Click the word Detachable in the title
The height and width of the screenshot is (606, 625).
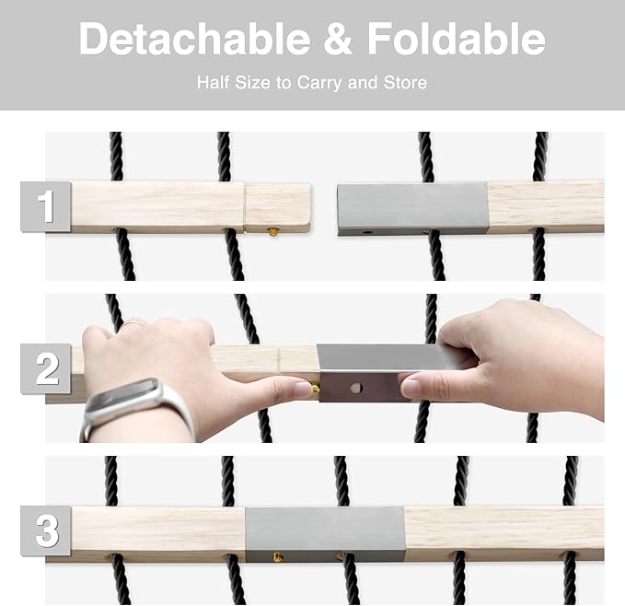pyautogui.click(x=194, y=39)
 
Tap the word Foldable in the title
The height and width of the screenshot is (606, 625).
pyautogui.click(x=456, y=39)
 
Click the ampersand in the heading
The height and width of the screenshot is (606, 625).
pyautogui.click(x=338, y=39)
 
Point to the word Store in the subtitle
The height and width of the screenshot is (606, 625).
pyautogui.click(x=405, y=83)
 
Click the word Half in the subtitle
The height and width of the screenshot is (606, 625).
pyautogui.click(x=214, y=83)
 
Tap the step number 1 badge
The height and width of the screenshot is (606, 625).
pyautogui.click(x=45, y=206)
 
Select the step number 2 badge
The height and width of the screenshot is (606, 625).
pyautogui.click(x=45, y=369)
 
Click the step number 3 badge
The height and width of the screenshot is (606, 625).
pyautogui.click(x=45, y=530)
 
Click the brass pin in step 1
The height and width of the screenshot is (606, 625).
pyautogui.click(x=272, y=232)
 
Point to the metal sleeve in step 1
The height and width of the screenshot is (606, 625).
pyautogui.click(x=412, y=209)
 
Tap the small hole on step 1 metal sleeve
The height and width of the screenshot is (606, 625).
pyautogui.click(x=367, y=232)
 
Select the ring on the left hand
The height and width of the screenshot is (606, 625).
pyautogui.click(x=134, y=322)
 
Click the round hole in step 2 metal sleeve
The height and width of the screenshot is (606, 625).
pyautogui.click(x=356, y=388)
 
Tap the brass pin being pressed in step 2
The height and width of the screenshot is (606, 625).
pyautogui.click(x=315, y=389)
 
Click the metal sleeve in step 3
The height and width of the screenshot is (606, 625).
pyautogui.click(x=325, y=534)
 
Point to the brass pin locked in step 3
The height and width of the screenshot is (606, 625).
pyautogui.click(x=277, y=556)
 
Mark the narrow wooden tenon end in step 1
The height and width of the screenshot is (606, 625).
pyautogui.click(x=277, y=208)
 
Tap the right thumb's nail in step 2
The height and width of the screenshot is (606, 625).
pyautogui.click(x=410, y=387)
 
